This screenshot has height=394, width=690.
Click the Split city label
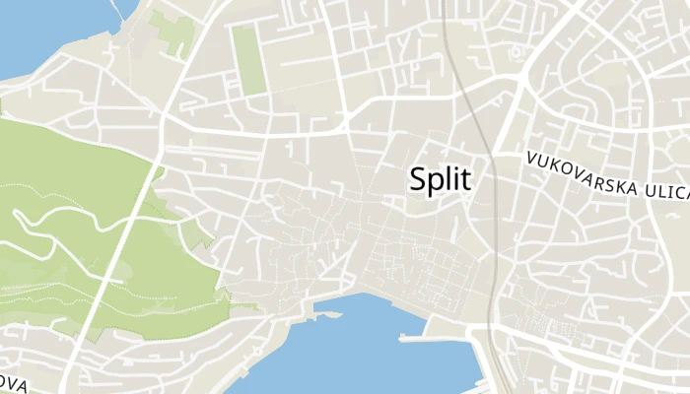pos(440,179)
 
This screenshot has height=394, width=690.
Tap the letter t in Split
pos(466,179)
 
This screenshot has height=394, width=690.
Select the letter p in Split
pos(437,183)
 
